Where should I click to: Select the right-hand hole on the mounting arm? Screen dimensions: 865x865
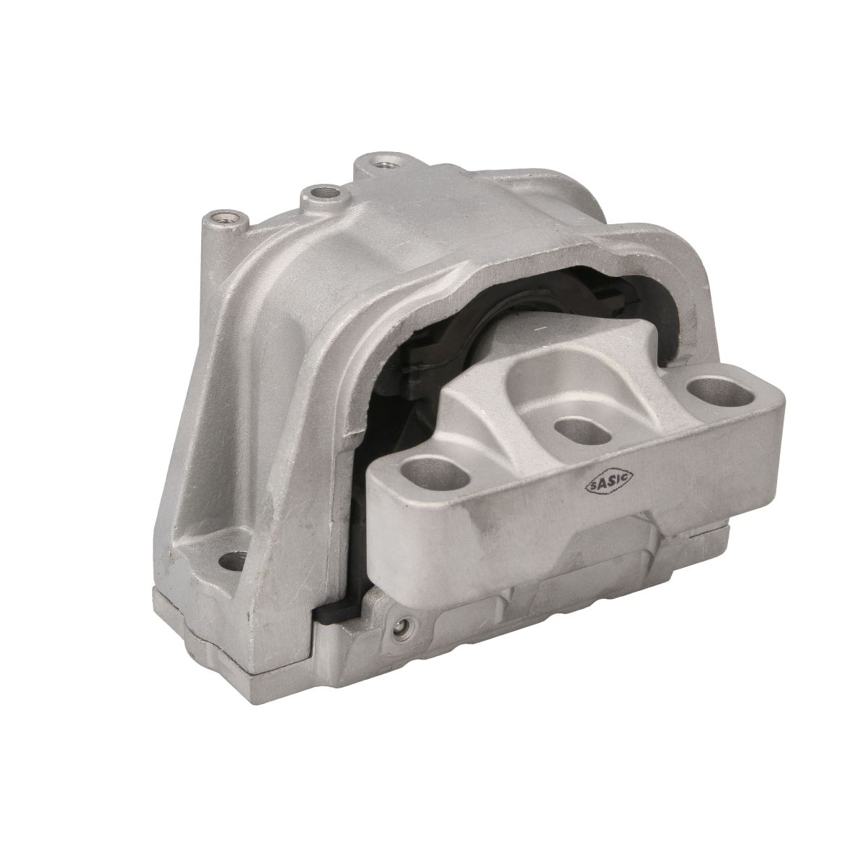pos(722,394)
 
